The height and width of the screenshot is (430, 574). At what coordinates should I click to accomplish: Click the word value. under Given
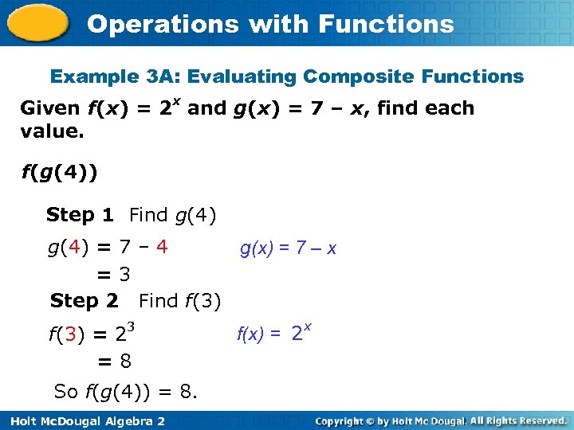[52, 130]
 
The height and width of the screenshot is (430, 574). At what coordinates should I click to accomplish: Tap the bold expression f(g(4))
[59, 173]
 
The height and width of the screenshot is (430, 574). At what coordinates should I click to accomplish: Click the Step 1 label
[80, 215]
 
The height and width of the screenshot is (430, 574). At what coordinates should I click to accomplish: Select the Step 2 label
[84, 301]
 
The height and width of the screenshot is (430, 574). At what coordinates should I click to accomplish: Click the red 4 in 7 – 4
[162, 247]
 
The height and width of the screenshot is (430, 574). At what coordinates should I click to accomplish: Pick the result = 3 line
[114, 275]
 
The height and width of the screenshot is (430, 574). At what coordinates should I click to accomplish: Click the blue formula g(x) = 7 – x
[288, 248]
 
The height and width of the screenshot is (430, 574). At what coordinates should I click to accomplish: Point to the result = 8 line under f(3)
[114, 362]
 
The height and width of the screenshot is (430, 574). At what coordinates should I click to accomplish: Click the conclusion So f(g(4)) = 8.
[126, 392]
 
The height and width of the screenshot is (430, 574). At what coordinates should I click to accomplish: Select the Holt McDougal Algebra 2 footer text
[84, 420]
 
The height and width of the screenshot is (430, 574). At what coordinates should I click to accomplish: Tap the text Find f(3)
[179, 301]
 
